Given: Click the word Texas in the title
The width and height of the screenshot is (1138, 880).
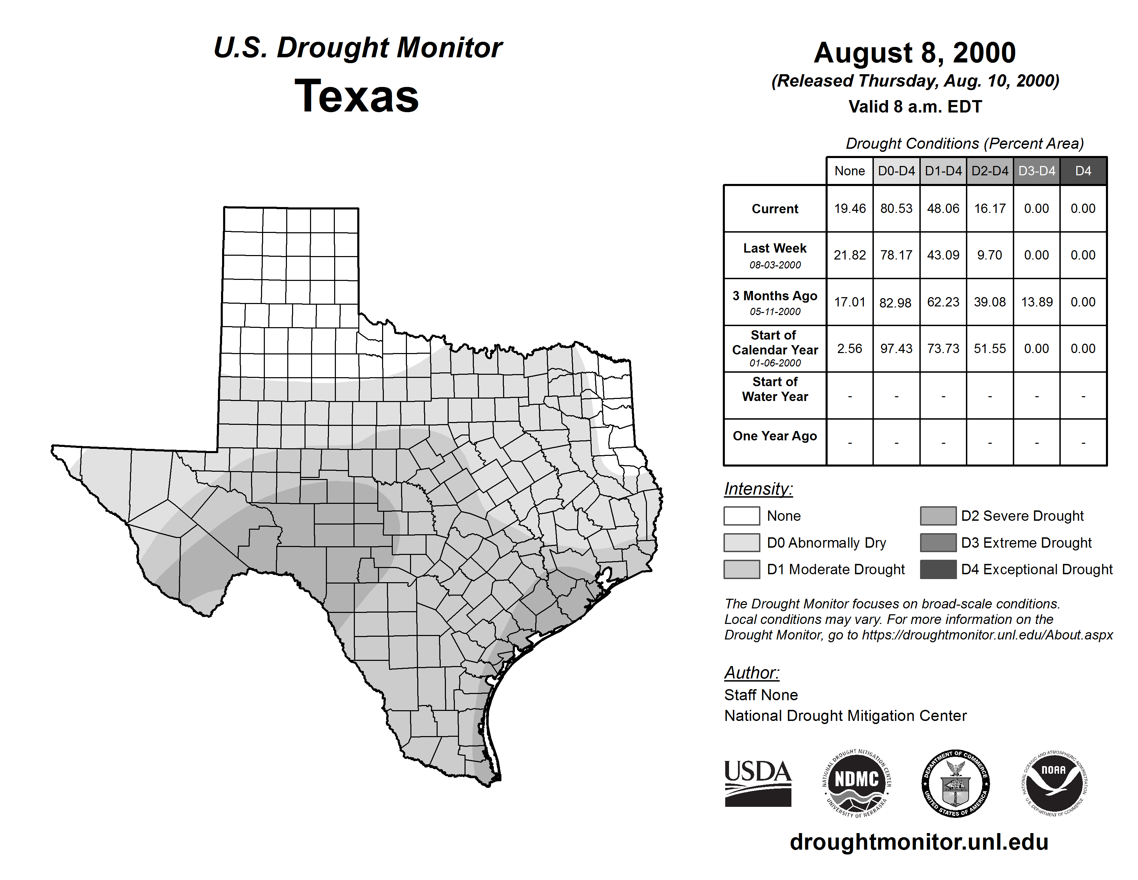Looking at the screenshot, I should pos(357,96).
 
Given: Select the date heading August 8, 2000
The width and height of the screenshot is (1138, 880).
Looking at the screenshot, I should pos(915,53).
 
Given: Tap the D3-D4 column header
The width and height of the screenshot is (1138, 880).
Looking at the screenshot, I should pos(1036,171).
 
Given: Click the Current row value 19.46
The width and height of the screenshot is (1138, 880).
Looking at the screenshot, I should pos(849,208).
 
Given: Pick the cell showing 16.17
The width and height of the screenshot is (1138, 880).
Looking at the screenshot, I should pos(989,208).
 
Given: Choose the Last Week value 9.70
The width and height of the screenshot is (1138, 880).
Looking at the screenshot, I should pos(989,255).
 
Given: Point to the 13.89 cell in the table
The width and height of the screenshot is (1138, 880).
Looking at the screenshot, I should pos(1036,302).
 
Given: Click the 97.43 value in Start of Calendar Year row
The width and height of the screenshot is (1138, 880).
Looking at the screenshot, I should pos(896,348).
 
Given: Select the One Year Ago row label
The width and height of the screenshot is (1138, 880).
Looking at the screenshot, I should pos(775,436).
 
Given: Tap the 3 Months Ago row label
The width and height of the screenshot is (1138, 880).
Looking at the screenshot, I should pos(775,296).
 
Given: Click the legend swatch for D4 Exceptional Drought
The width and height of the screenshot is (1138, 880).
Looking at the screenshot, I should pos(938,569).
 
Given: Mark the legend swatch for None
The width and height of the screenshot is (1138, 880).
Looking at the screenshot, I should pos(741,516).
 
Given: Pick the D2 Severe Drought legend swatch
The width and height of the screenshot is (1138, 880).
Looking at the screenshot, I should pos(938,516).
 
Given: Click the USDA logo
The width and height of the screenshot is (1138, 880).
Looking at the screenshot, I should pos(758,783).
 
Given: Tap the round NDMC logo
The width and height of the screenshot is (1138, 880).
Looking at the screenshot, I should pos(856,783).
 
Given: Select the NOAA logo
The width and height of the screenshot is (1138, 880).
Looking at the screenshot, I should pos(1054,783).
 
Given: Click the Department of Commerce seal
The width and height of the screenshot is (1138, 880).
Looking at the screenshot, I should pos(955,783).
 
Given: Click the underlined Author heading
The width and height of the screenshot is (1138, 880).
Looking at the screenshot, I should pos(751,673).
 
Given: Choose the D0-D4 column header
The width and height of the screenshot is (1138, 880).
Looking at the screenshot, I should pos(896,171).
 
